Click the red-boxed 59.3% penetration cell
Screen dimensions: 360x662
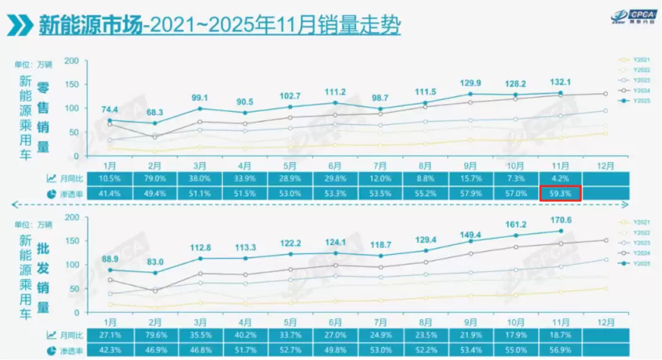coord(560,193)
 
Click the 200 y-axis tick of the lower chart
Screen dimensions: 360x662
coord(72,217)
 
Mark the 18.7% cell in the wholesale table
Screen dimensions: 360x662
coord(560,335)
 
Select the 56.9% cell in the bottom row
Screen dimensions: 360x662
coord(560,350)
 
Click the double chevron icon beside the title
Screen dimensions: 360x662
coord(20,25)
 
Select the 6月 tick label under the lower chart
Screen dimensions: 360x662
coord(335,321)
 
